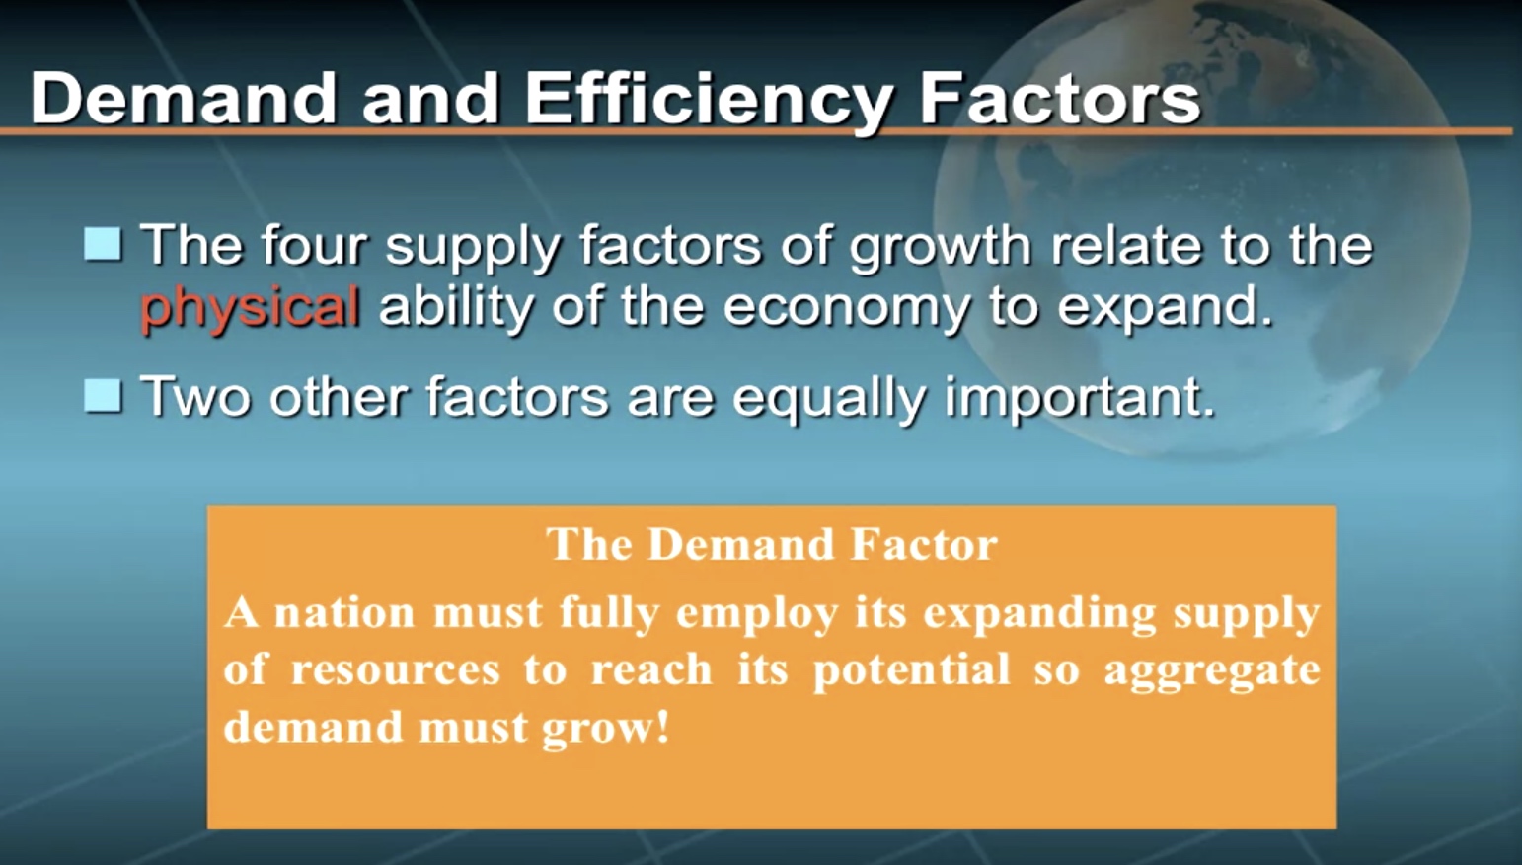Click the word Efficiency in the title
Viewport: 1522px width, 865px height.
tap(708, 100)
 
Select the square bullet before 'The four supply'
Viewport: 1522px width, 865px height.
tap(104, 244)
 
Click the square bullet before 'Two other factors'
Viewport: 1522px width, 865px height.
tap(104, 395)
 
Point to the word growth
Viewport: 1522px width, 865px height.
tap(940, 248)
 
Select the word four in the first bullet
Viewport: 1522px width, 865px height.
tap(314, 244)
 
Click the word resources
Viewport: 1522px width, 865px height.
tap(395, 670)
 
